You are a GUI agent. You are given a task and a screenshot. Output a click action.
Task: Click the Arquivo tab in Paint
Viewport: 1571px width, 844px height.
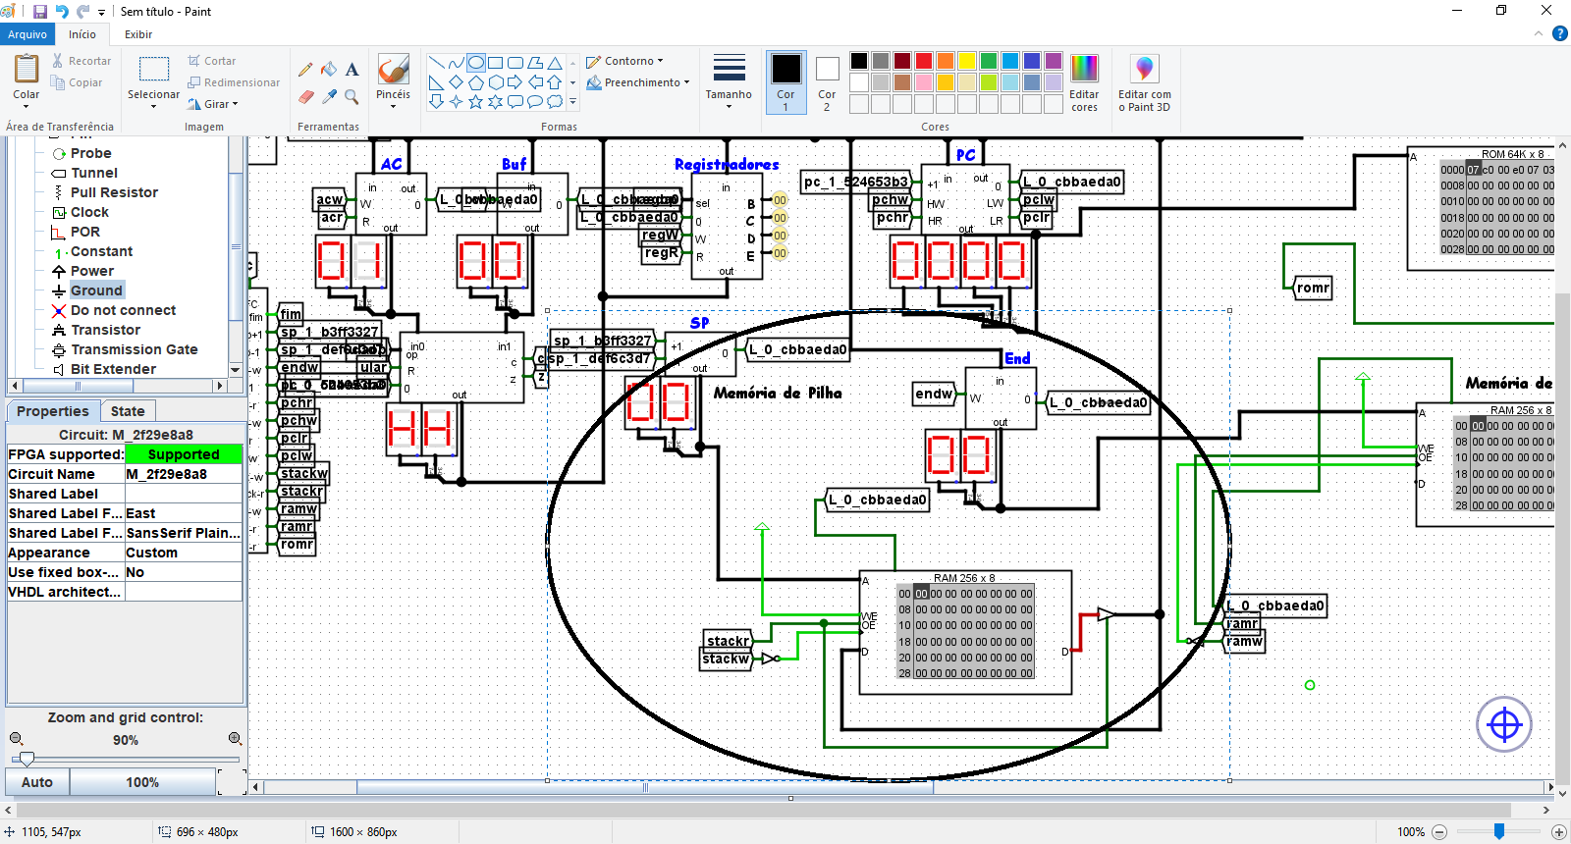tap(27, 34)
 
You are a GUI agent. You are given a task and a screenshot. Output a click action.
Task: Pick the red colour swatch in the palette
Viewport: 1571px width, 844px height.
tap(924, 61)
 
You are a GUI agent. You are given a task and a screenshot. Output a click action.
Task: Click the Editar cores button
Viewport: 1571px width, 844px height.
tap(1084, 82)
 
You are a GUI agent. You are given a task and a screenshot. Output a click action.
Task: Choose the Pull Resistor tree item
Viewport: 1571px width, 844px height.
tap(113, 192)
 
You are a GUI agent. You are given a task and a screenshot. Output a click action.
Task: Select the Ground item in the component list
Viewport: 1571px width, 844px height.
tap(96, 290)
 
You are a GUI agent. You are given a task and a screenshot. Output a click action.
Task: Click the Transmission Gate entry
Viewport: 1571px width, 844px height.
tap(134, 349)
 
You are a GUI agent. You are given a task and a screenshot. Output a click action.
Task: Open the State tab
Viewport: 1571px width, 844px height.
tap(128, 411)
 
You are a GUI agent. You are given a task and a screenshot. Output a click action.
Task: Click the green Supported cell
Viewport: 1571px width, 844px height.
tap(184, 454)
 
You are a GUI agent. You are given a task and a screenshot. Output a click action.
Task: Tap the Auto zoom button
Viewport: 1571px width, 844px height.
tap(37, 782)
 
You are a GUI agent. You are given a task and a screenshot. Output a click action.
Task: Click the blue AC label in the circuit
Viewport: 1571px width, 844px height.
tap(391, 164)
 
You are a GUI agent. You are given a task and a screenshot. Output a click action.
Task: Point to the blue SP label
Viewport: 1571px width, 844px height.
tap(699, 323)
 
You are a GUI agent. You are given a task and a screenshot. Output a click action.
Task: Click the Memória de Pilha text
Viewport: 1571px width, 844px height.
tap(778, 393)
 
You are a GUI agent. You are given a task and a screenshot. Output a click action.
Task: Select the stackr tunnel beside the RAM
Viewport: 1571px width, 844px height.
tap(728, 641)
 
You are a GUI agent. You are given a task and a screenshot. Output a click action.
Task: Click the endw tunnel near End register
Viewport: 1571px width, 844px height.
tap(934, 394)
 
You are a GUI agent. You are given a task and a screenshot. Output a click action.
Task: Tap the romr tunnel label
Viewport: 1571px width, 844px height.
tap(1313, 288)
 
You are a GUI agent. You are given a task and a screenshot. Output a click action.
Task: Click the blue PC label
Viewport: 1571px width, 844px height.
tap(965, 155)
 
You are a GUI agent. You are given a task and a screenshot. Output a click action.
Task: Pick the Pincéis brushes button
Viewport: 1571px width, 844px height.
tap(393, 79)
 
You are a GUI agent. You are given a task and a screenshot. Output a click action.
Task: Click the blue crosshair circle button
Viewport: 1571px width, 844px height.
tap(1504, 725)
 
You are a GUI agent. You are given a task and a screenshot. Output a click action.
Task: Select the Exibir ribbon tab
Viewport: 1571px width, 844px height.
tap(138, 34)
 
